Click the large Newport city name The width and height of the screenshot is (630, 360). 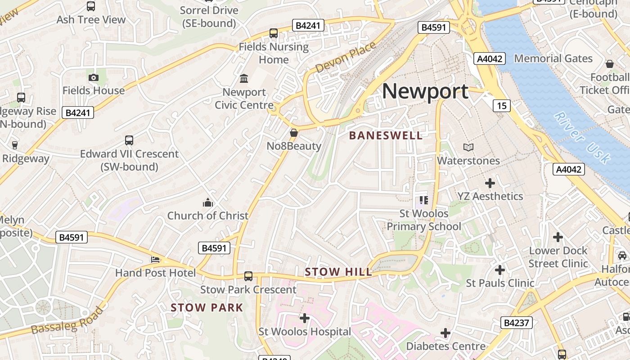click(425, 91)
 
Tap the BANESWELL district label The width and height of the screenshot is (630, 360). click(386, 135)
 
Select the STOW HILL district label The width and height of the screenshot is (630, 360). click(338, 272)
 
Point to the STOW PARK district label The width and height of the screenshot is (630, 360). click(207, 308)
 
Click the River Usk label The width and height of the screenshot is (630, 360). click(582, 137)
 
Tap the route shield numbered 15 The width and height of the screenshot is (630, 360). click(502, 106)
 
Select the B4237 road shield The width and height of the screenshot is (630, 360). click(517, 323)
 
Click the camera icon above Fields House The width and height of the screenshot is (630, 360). click(94, 77)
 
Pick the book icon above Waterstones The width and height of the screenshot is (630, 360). click(468, 147)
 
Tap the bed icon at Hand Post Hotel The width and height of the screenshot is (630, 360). click(155, 260)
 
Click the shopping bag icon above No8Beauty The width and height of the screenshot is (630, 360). click(294, 133)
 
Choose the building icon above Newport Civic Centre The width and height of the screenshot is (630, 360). click(244, 79)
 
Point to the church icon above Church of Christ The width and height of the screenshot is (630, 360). click(207, 202)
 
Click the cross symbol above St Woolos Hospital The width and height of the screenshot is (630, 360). click(305, 318)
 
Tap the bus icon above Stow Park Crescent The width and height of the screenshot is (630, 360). click(248, 276)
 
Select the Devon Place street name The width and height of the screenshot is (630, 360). click(346, 57)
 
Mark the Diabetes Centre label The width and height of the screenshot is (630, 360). click(445, 346)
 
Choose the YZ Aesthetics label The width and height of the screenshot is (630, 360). click(490, 196)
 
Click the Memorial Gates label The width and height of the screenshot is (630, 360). click(553, 58)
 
